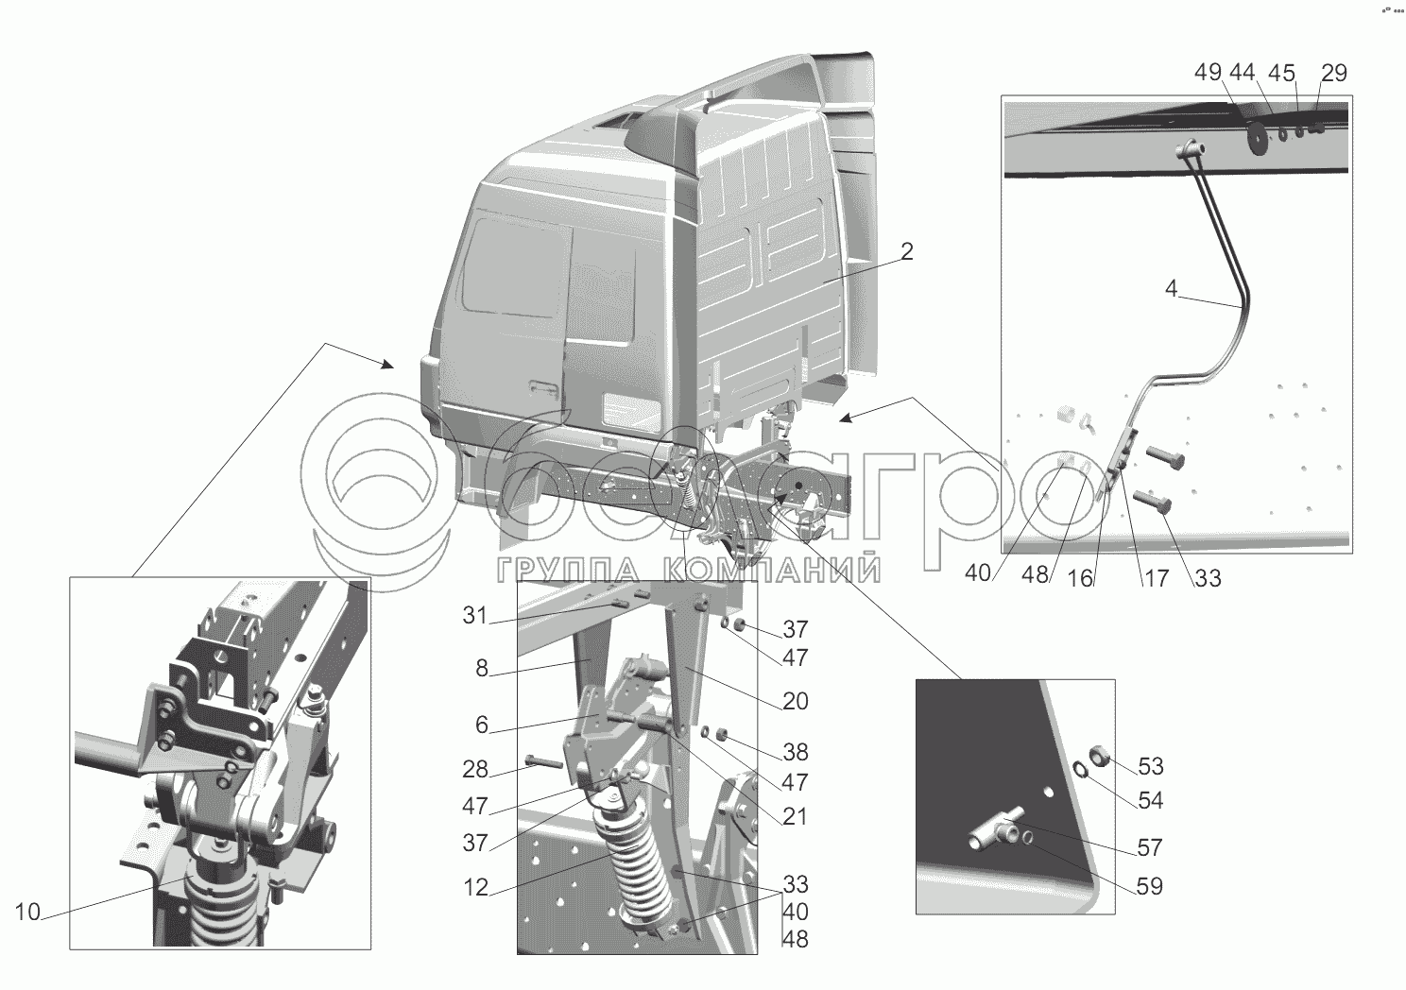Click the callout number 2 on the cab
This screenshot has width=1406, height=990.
[x=906, y=251]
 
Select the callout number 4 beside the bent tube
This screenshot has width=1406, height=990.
[x=1172, y=289]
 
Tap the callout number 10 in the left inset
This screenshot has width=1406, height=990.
[x=27, y=913]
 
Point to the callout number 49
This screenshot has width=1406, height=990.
[x=1209, y=72]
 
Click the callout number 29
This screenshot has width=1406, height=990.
[x=1334, y=73]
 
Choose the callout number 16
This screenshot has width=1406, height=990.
[x=1081, y=578]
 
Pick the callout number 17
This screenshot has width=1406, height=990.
[x=1157, y=578]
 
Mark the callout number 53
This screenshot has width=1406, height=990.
[x=1151, y=766]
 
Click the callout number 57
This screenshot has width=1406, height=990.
[x=1150, y=847]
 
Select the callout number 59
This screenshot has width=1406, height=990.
[x=1150, y=886]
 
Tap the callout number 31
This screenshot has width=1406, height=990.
[x=475, y=616]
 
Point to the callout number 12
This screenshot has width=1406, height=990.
[x=476, y=887]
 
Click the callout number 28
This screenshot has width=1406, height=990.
[x=475, y=769]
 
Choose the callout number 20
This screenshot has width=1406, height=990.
[x=796, y=701]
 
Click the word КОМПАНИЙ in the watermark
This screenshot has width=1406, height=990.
[x=772, y=571]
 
